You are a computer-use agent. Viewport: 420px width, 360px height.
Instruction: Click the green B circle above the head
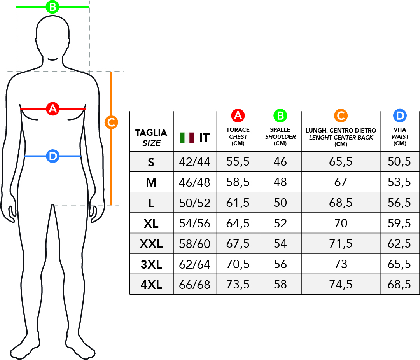point(52,7)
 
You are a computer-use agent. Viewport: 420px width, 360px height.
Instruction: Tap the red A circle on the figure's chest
point(53,109)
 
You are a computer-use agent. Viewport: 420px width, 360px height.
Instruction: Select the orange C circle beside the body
point(111,122)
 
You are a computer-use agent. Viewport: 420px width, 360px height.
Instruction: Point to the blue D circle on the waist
point(53,156)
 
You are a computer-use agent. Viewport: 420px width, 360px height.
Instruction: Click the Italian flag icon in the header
point(187,137)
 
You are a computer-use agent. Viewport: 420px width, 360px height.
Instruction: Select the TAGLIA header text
point(151,133)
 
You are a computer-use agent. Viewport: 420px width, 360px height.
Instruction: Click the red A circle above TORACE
point(238,116)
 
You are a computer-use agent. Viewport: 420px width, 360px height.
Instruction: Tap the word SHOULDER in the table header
point(280,136)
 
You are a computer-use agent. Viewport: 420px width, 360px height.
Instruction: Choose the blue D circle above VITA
point(400,116)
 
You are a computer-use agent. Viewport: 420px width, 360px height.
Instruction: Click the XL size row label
point(151,224)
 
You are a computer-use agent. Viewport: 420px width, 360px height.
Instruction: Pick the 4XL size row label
point(151,285)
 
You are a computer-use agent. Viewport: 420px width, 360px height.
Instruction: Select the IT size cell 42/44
point(195,162)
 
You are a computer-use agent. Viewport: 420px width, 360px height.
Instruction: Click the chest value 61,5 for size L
point(238,203)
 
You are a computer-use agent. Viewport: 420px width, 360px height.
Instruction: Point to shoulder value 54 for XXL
point(280,244)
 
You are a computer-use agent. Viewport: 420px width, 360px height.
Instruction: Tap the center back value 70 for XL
point(341,223)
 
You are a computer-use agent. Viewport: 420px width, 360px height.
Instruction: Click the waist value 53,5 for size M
point(399,182)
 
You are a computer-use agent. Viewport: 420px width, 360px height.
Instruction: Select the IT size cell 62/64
point(195,264)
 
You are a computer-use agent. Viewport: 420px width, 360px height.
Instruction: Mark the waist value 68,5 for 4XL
point(399,285)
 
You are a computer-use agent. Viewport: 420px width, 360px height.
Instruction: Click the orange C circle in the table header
point(341,116)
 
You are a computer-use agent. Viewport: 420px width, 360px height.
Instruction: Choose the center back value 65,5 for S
point(341,161)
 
